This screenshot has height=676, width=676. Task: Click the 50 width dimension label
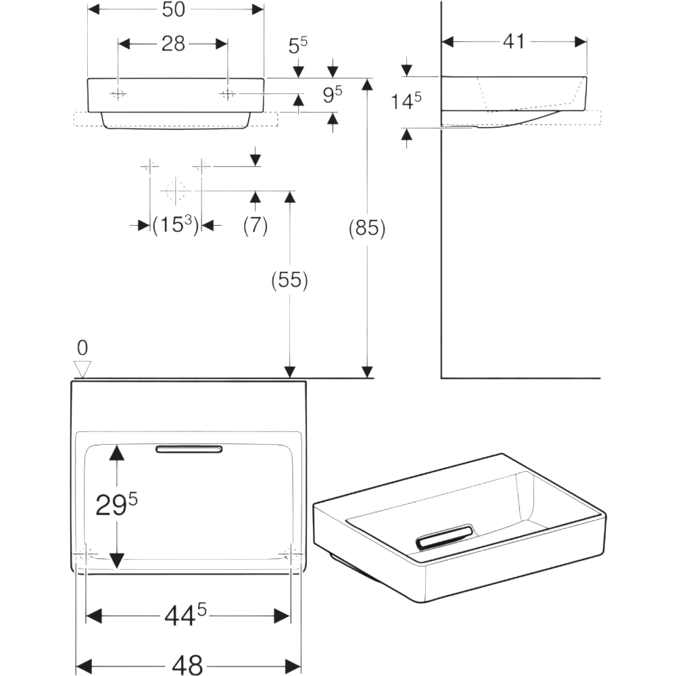(176, 9)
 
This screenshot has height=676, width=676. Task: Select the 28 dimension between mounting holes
(173, 44)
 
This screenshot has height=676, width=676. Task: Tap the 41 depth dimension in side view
(514, 41)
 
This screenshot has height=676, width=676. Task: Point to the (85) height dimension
(366, 229)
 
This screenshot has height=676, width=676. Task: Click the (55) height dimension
(290, 280)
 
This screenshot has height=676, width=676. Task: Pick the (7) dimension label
(255, 225)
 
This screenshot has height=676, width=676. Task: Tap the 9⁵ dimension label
(331, 95)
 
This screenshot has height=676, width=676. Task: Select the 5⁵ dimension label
(298, 47)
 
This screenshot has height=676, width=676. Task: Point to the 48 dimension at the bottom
(187, 665)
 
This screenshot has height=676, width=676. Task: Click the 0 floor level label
(82, 348)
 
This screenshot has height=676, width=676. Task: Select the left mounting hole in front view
(118, 94)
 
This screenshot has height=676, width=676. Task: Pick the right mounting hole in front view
(228, 94)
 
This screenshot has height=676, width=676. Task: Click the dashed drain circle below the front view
(175, 191)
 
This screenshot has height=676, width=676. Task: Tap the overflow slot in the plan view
(189, 449)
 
